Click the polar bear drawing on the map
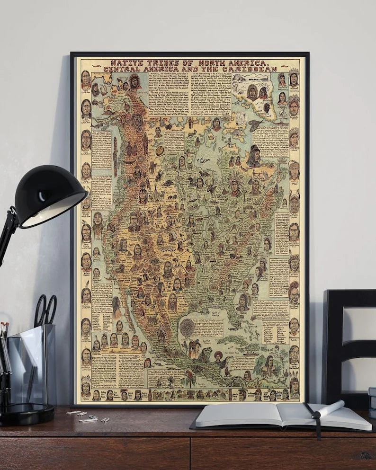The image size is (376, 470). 241,117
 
